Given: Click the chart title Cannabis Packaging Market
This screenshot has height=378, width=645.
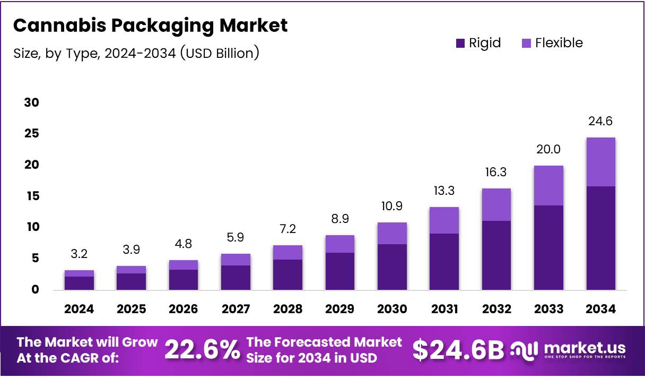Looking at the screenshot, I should (150, 25).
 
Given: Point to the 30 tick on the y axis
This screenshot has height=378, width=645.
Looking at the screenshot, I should (32, 102).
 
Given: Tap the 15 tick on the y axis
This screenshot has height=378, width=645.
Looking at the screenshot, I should (32, 196).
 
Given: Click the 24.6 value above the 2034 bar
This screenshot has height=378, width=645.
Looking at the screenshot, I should (600, 122).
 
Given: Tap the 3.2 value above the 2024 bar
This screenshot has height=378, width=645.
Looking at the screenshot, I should (79, 254).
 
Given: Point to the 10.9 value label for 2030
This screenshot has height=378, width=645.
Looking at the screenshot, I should (391, 205).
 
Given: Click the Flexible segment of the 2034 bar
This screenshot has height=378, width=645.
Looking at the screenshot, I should (600, 162).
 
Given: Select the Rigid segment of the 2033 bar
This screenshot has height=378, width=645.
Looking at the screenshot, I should (548, 247).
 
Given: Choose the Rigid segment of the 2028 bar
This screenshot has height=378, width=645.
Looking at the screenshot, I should (287, 274).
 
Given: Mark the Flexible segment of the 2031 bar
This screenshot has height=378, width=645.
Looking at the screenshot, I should (444, 220).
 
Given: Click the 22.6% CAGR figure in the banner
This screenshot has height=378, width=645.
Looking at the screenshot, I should (202, 350).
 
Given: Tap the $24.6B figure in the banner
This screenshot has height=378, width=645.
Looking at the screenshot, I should (458, 350).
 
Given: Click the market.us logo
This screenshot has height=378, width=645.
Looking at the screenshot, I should (568, 350).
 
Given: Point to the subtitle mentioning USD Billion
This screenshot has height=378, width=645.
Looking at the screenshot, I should (136, 53).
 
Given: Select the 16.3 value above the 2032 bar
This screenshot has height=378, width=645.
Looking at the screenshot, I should (496, 173).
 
